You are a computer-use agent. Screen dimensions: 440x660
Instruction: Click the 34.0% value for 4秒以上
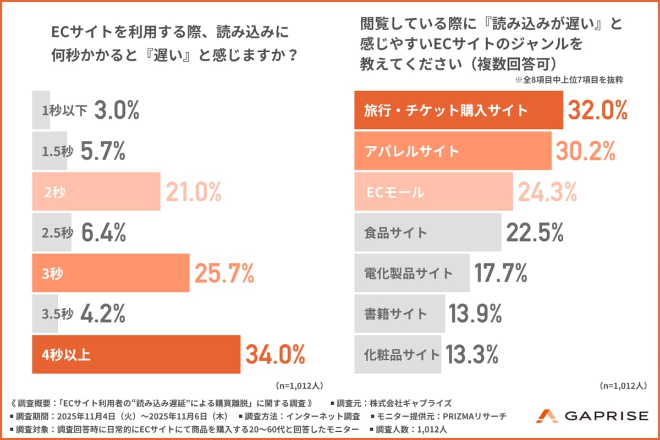[x=275, y=355]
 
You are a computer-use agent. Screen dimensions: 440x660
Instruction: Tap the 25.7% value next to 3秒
[x=223, y=273]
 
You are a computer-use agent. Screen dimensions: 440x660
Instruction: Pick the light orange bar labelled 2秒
[x=96, y=192]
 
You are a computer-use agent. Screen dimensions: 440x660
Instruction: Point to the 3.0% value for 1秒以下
[x=117, y=111]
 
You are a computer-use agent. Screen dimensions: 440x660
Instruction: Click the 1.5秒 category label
[x=58, y=151]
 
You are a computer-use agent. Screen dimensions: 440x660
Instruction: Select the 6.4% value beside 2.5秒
[x=103, y=233]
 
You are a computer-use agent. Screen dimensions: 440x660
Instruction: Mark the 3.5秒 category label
[x=58, y=314]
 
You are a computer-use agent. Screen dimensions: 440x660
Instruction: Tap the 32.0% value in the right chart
[x=597, y=111]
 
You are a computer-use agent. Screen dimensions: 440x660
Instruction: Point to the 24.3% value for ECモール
[x=547, y=192]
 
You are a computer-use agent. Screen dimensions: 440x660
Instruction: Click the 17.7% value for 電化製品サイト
[x=501, y=273]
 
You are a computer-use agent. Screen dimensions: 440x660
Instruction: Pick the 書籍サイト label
[x=395, y=314]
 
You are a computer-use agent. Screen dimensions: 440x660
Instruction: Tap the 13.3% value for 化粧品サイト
[x=472, y=355]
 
